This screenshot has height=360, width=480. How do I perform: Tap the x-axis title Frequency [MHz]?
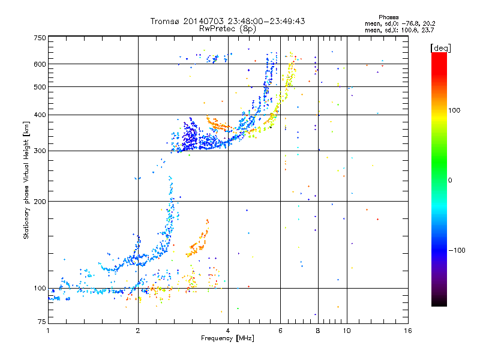[227, 339]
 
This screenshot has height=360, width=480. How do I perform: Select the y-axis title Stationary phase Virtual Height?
[26, 180]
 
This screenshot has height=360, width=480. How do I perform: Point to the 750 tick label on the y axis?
[40, 38]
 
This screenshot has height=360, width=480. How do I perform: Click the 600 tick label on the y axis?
[40, 64]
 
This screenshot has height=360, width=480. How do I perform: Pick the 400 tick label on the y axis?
[40, 115]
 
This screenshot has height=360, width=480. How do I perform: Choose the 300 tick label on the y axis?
[40, 151]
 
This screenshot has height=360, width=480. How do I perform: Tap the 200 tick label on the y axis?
[40, 201]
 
